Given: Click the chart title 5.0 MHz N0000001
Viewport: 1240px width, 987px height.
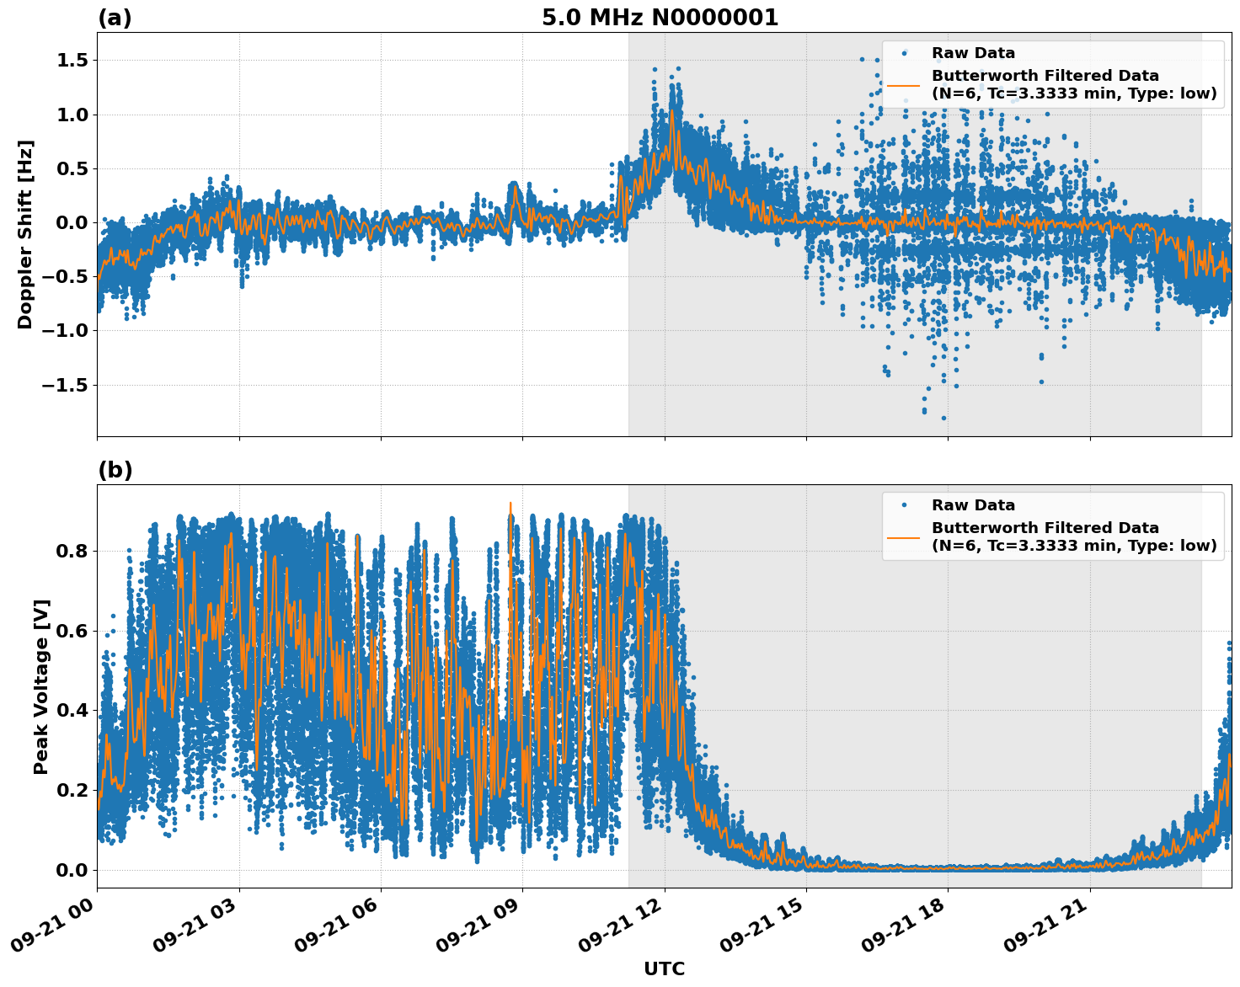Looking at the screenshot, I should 660,18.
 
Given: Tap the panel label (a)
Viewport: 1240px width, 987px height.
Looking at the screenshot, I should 115,18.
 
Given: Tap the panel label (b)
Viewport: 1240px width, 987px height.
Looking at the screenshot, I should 115,470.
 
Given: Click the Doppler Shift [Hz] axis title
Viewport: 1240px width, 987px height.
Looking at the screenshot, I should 25,234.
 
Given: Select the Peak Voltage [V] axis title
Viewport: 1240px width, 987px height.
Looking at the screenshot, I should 41,686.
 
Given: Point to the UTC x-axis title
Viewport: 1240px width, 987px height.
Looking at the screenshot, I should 664,968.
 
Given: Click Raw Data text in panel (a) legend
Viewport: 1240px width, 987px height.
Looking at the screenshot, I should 973,53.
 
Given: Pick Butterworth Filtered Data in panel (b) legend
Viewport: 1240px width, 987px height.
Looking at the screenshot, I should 1045,528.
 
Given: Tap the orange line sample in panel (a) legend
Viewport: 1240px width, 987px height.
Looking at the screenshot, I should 903,85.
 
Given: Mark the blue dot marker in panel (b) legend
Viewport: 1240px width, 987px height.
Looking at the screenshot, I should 903,505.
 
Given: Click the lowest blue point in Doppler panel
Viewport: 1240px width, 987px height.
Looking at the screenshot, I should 943,418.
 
